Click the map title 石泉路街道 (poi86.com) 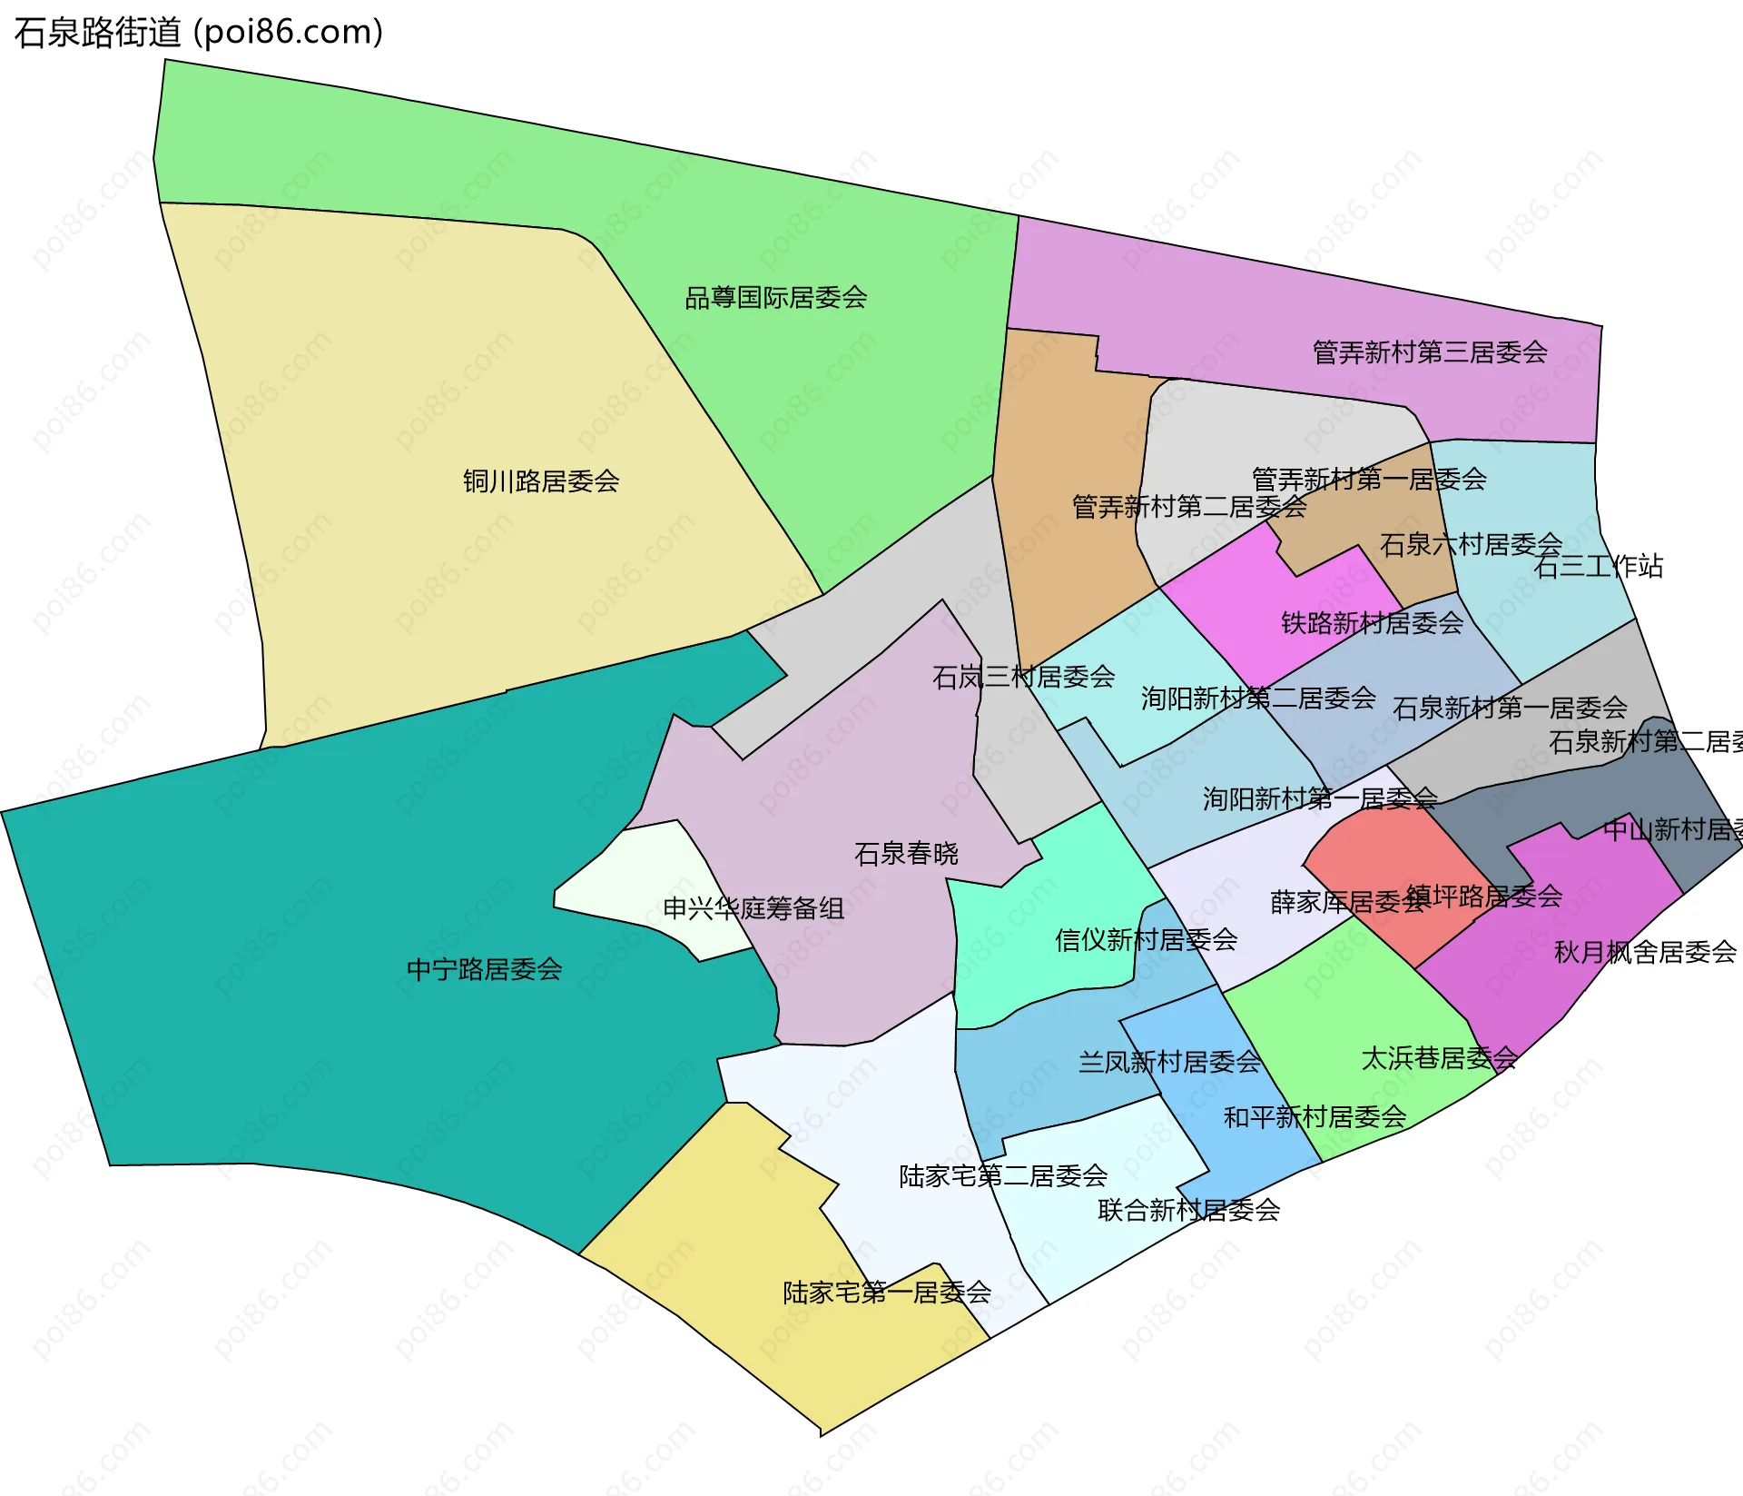pyautogui.click(x=199, y=33)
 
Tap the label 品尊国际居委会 pyautogui.click(x=775, y=298)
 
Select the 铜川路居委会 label pyautogui.click(x=541, y=481)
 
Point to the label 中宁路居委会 pyautogui.click(x=484, y=970)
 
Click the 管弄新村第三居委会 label pyautogui.click(x=1430, y=352)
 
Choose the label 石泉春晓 pyautogui.click(x=906, y=854)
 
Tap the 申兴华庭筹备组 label pyautogui.click(x=753, y=908)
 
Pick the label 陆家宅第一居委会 pyautogui.click(x=887, y=1293)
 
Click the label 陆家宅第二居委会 pyautogui.click(x=1003, y=1176)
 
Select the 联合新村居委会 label pyautogui.click(x=1188, y=1210)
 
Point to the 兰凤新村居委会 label pyautogui.click(x=1169, y=1062)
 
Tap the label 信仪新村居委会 pyautogui.click(x=1146, y=940)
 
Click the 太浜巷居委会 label pyautogui.click(x=1439, y=1058)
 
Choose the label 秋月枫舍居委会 pyautogui.click(x=1645, y=952)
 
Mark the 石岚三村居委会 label pyautogui.click(x=1023, y=677)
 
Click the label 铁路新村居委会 pyautogui.click(x=1372, y=623)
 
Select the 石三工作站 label pyautogui.click(x=1598, y=567)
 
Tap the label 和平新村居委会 pyautogui.click(x=1315, y=1117)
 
